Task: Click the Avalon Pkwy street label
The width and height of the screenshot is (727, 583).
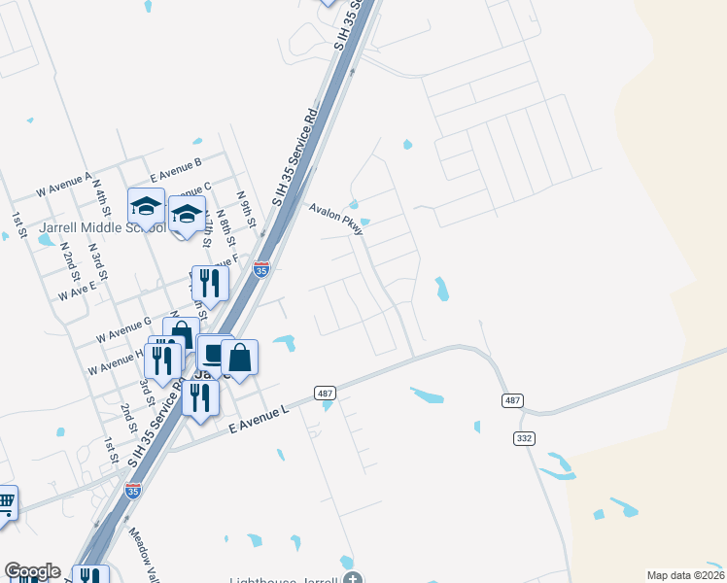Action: tap(336, 220)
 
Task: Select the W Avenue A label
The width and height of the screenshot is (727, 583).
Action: tap(63, 183)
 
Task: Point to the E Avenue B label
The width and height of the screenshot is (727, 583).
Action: tap(176, 170)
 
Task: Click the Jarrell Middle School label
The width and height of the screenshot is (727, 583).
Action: tap(87, 227)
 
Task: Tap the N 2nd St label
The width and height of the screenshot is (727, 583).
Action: tap(68, 257)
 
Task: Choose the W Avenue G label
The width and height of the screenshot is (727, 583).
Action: tap(122, 328)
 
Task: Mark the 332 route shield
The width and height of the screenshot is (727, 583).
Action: tap(524, 439)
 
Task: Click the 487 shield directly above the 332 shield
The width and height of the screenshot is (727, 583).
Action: tap(512, 400)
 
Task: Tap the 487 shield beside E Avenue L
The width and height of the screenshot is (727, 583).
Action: tap(326, 393)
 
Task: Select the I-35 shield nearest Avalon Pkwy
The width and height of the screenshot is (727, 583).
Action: tap(260, 269)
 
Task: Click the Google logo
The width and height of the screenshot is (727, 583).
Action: tap(32, 571)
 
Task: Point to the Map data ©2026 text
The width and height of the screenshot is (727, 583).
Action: tap(685, 575)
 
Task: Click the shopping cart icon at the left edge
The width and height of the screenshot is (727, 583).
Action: tap(5, 503)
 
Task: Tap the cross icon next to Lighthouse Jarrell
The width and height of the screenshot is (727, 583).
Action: tap(352, 580)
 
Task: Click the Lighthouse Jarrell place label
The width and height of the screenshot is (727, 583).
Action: tap(283, 580)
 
